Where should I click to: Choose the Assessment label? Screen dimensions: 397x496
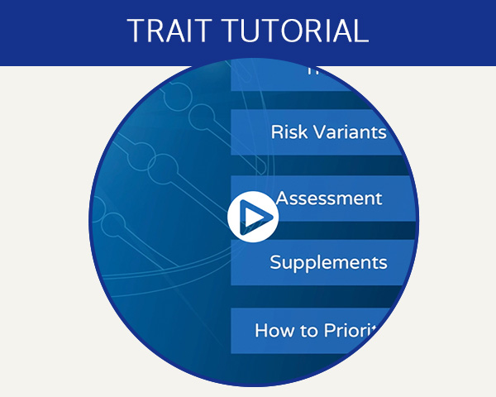329,198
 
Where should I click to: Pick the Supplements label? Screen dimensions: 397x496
328,263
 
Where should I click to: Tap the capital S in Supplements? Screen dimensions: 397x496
276,263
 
